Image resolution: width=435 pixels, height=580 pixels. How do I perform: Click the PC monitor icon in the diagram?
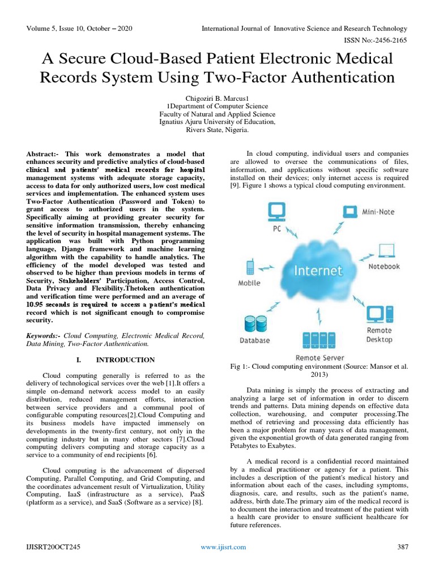(276, 211)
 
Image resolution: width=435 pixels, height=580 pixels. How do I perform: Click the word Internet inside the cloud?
(317, 270)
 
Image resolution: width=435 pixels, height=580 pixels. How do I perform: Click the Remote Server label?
(320, 357)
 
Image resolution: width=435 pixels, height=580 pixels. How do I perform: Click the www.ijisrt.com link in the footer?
(224, 547)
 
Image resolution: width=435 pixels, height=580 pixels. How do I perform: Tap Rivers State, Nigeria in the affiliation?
(217, 129)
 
